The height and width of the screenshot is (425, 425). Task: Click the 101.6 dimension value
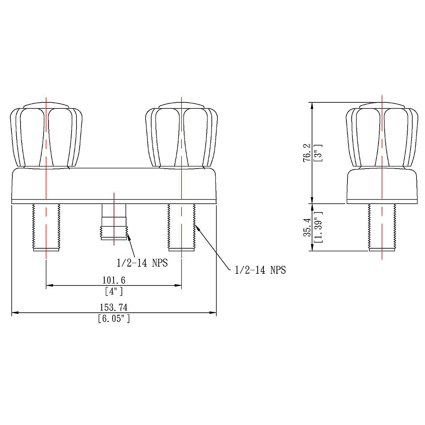(114, 280)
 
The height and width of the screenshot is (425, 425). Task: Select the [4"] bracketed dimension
(114, 291)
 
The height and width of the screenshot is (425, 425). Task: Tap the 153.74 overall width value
(114, 307)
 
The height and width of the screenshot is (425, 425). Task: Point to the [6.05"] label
(114, 319)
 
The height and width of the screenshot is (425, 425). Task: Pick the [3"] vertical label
(318, 153)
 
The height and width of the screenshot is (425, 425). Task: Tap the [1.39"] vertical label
(318, 227)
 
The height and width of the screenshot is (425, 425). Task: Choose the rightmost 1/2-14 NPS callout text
(260, 270)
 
